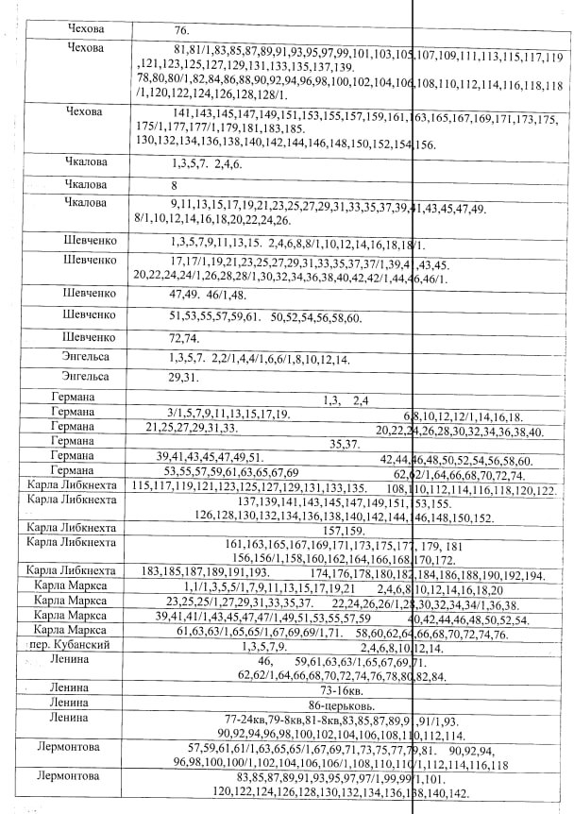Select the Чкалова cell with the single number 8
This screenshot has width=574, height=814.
[x=175, y=185]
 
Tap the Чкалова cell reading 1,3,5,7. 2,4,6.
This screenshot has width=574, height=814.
[x=202, y=163]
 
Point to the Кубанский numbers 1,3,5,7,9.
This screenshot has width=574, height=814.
[x=263, y=646]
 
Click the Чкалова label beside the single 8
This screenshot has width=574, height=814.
[x=86, y=183]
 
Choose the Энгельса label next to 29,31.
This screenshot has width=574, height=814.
[x=86, y=376]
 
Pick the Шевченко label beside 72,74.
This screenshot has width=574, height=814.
[x=90, y=335]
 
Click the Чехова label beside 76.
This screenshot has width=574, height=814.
[x=86, y=28]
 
